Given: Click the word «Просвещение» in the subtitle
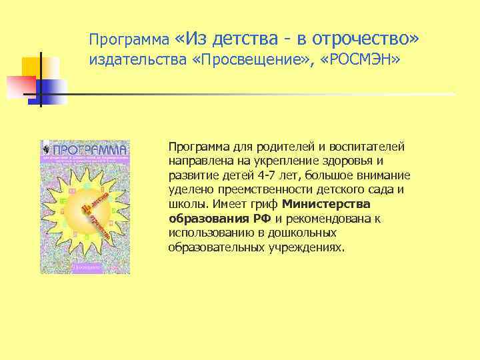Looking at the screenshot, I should [x=259, y=61].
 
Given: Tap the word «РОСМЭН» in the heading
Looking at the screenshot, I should [x=361, y=61].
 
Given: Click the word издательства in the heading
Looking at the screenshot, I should [x=129, y=61].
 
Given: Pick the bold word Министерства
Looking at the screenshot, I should [x=326, y=205].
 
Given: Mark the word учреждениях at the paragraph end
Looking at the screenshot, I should [x=307, y=247].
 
